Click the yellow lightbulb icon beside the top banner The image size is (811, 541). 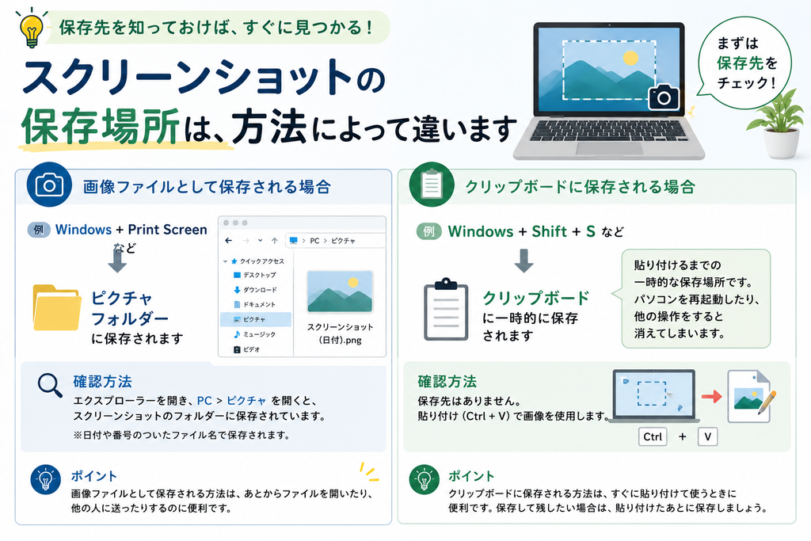click(x=31, y=28)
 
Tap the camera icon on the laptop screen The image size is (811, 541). click(x=664, y=96)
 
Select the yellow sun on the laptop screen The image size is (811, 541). click(x=630, y=57)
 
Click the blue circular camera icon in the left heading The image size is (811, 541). click(x=49, y=185)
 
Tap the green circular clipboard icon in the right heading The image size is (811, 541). click(x=432, y=185)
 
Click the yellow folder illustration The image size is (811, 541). click(x=56, y=307)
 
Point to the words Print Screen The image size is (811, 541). click(x=168, y=230)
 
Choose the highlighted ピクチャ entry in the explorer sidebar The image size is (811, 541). click(x=256, y=320)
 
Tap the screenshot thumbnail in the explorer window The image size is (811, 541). click(x=340, y=291)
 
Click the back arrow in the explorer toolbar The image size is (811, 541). click(x=229, y=241)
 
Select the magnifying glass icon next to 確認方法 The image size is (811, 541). click(x=50, y=386)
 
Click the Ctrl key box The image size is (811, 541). click(x=653, y=436)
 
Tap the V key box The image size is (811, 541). click(x=707, y=436)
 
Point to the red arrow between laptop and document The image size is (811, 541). click(x=712, y=397)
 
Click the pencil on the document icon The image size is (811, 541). click(x=767, y=403)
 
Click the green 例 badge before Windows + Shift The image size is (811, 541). click(x=428, y=231)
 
